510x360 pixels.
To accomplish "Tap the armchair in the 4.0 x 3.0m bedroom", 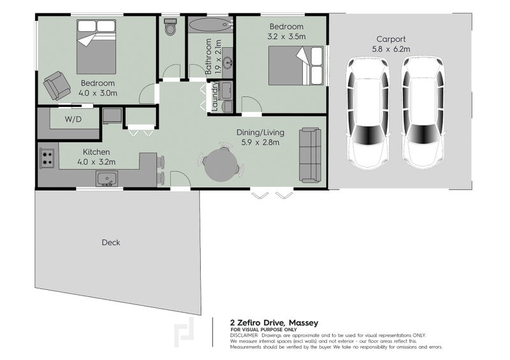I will [57, 85].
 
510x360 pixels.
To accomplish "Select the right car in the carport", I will [423, 112].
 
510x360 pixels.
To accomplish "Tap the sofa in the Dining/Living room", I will [310, 155].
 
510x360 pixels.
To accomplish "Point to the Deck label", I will [110, 242].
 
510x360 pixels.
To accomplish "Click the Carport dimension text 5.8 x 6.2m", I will [391, 48].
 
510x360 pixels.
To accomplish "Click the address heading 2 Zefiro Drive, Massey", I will [273, 323].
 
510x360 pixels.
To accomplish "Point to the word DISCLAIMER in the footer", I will [244, 335].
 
